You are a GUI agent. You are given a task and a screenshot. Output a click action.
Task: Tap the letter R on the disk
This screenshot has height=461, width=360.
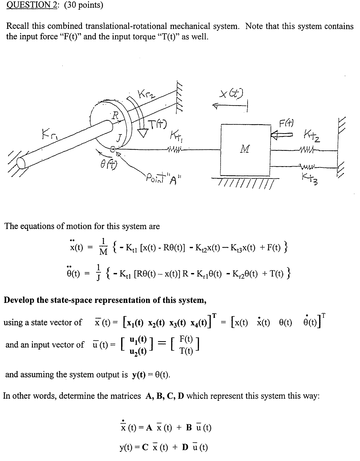pos(115,116)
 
